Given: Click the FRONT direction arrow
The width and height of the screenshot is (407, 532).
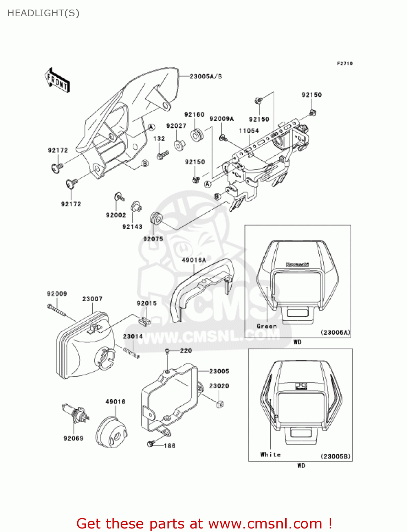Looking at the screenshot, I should click(57, 81).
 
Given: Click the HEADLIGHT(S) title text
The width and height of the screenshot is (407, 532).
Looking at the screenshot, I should click(43, 13).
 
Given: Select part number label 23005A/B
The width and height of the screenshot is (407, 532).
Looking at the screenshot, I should click(205, 76).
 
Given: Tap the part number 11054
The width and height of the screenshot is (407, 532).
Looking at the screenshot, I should click(249, 131).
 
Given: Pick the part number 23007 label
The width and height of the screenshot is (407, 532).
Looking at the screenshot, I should click(92, 299).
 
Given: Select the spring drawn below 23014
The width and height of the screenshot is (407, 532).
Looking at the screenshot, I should click(131, 353).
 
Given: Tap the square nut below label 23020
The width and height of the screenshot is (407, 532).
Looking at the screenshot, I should click(220, 404).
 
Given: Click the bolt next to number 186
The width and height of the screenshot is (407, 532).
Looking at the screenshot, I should click(151, 443).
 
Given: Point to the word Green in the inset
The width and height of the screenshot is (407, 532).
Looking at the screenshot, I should click(266, 326).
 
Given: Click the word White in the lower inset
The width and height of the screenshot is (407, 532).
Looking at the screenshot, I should click(270, 455).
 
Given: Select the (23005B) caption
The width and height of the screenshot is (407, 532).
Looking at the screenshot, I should click(335, 456).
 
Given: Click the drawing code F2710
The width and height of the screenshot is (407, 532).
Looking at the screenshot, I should click(345, 63).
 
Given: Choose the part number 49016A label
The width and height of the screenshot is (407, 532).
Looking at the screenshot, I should click(194, 260).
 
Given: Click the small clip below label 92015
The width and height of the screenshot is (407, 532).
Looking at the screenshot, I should click(144, 320).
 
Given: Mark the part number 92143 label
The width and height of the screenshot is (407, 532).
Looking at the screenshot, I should click(132, 227).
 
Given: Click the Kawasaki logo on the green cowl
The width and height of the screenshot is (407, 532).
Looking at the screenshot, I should click(297, 264).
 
